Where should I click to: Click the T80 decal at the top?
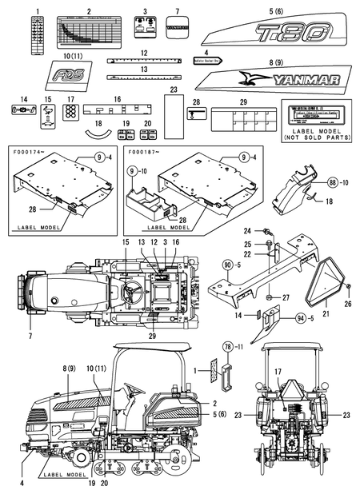[x=275, y=34]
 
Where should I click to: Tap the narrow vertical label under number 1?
[x=35, y=34]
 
